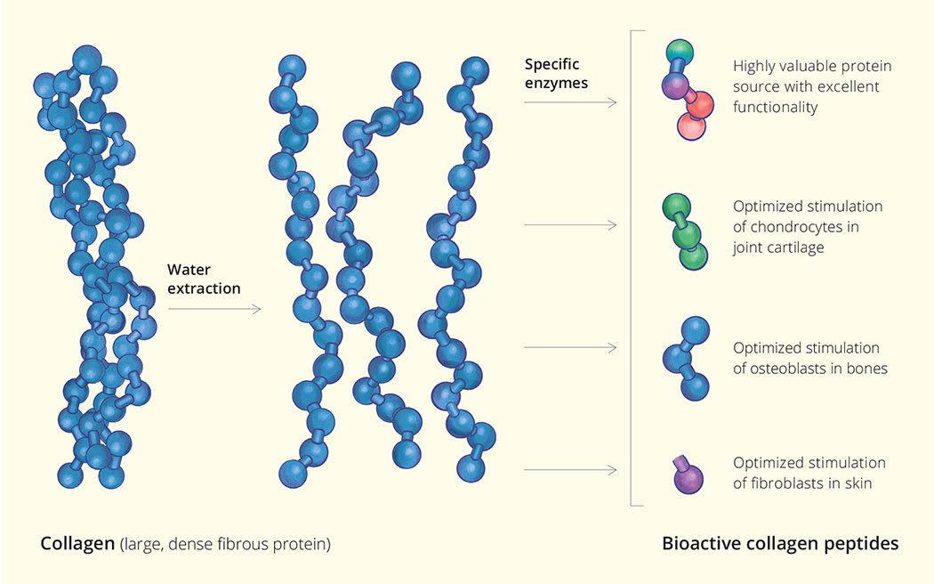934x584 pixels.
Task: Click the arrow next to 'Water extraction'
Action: click(x=213, y=309)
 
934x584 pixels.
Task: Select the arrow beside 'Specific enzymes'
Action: click(x=569, y=103)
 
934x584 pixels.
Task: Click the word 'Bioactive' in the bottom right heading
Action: click(x=697, y=543)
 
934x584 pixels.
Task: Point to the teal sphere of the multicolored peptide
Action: click(x=679, y=50)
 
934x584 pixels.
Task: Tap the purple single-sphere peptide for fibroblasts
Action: click(x=686, y=479)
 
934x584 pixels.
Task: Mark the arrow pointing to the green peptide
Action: click(x=569, y=226)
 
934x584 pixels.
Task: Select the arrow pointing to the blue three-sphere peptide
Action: click(x=569, y=348)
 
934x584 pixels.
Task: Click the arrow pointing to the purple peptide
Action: click(x=569, y=470)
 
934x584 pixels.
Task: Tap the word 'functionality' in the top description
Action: click(x=775, y=107)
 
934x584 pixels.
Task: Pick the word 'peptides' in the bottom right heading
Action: click(x=865, y=543)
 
